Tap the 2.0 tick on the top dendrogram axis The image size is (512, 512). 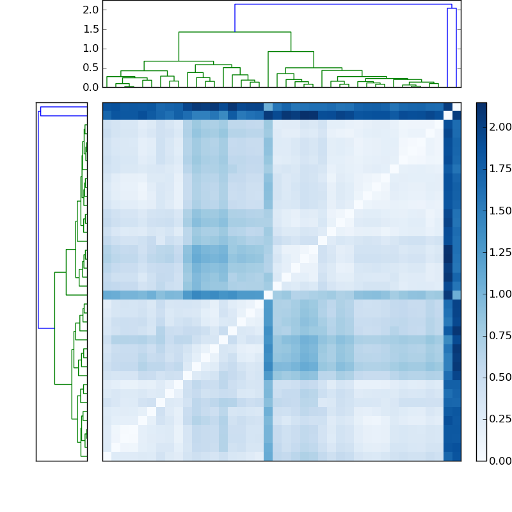click(x=91, y=10)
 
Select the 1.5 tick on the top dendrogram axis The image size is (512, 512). click(x=91, y=29)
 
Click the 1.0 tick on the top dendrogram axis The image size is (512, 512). click(x=91, y=48)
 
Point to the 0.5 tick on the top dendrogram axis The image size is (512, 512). click(x=91, y=67)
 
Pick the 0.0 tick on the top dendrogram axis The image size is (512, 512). click(x=91, y=87)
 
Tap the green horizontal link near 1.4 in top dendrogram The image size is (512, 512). click(x=234, y=32)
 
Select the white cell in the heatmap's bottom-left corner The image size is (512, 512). click(x=107, y=456)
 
